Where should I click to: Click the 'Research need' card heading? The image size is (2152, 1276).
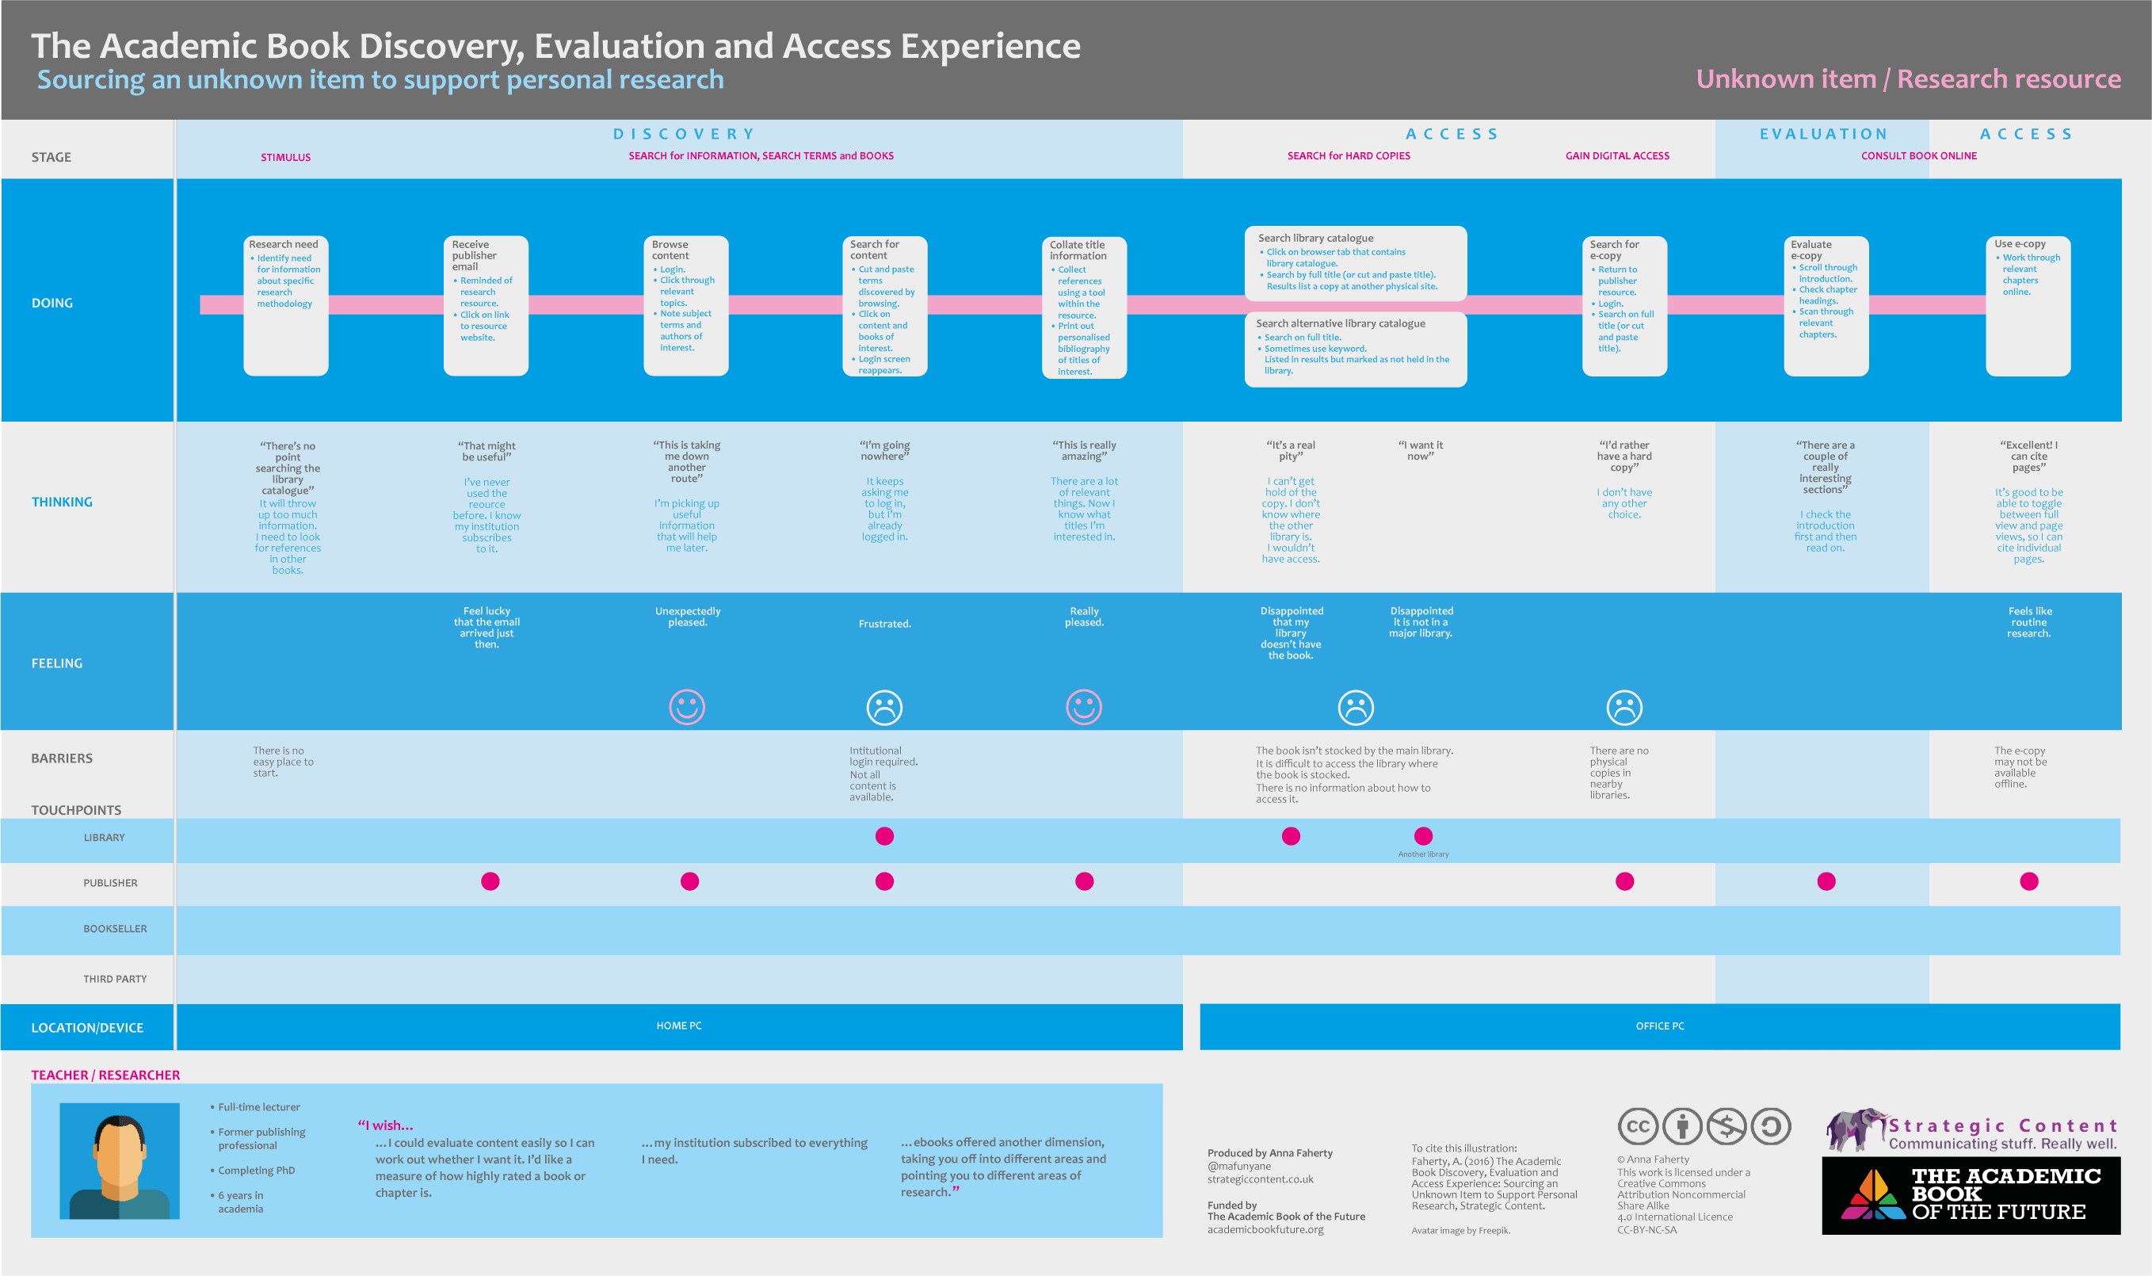[283, 244]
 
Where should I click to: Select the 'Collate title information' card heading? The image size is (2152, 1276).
[1078, 250]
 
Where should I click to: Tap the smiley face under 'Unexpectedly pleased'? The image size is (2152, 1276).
[687, 707]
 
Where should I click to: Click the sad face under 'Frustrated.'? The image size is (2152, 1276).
[884, 708]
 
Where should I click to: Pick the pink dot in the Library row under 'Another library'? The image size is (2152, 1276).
[1423, 836]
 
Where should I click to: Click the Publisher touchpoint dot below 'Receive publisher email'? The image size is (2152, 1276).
[490, 881]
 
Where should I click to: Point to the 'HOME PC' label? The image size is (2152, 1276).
[679, 1026]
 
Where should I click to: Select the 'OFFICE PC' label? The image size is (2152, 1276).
[1659, 1026]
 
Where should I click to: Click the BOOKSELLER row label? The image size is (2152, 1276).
[115, 929]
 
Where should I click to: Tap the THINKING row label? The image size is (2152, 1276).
[62, 502]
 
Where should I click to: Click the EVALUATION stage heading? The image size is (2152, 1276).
[1823, 134]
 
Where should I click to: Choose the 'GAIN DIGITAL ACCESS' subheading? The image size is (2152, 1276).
[1616, 155]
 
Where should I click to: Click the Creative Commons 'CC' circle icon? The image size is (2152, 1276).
[1638, 1126]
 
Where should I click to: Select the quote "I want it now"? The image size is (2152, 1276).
[1421, 450]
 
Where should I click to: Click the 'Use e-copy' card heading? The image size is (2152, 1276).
[2020, 243]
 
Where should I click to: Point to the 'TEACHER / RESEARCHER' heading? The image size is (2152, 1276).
[105, 1075]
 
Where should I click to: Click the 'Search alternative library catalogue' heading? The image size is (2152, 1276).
[1340, 323]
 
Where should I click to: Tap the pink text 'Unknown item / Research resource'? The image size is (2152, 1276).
[1908, 79]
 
